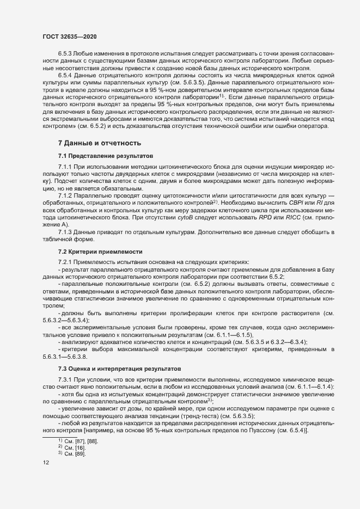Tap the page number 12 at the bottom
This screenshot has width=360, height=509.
click(46, 463)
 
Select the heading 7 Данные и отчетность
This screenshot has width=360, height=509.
click(99, 143)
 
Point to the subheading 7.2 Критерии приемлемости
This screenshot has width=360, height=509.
click(100, 252)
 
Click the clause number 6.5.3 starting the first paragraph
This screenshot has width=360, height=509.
click(66, 53)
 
